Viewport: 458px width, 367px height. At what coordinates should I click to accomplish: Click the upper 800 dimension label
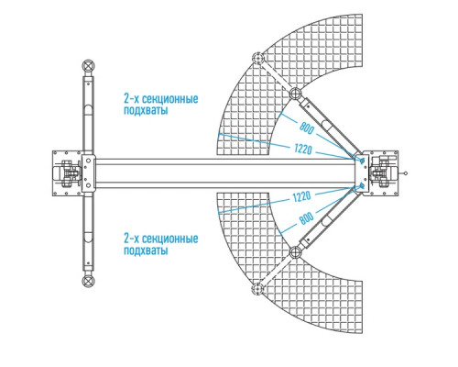pyautogui.click(x=306, y=128)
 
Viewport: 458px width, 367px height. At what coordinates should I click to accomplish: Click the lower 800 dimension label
pyautogui.click(x=306, y=217)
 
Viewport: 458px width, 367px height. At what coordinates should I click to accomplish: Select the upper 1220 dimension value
pyautogui.click(x=303, y=150)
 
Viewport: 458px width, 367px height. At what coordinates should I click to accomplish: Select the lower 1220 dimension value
pyautogui.click(x=301, y=196)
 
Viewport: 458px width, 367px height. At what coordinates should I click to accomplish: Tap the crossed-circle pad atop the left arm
pyautogui.click(x=88, y=66)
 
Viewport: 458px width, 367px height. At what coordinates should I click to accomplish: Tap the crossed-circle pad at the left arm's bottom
pyautogui.click(x=88, y=281)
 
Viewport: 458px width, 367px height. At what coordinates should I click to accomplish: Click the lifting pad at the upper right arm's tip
pyautogui.click(x=257, y=58)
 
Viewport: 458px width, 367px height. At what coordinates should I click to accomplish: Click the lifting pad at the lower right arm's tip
pyautogui.click(x=257, y=288)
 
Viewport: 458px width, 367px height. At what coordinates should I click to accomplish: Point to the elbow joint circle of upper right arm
pyautogui.click(x=295, y=94)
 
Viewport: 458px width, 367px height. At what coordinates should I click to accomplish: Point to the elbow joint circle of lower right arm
pyautogui.click(x=295, y=253)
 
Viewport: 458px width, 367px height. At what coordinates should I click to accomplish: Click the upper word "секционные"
pyautogui.click(x=170, y=99)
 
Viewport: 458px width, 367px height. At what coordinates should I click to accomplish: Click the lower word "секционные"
pyautogui.click(x=170, y=239)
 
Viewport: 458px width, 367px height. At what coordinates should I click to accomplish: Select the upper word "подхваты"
pyautogui.click(x=146, y=110)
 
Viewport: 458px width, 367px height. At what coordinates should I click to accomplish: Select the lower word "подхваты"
pyautogui.click(x=146, y=250)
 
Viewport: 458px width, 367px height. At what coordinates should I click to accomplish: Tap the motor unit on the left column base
pyautogui.click(x=67, y=173)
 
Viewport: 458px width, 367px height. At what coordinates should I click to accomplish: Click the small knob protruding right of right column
pyautogui.click(x=405, y=173)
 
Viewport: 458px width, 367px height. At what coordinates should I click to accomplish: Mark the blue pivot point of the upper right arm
pyautogui.click(x=362, y=161)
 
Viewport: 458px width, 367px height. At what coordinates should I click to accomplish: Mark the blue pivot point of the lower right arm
pyautogui.click(x=362, y=185)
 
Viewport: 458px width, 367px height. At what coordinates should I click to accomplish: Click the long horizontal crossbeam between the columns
pyautogui.click(x=225, y=173)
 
